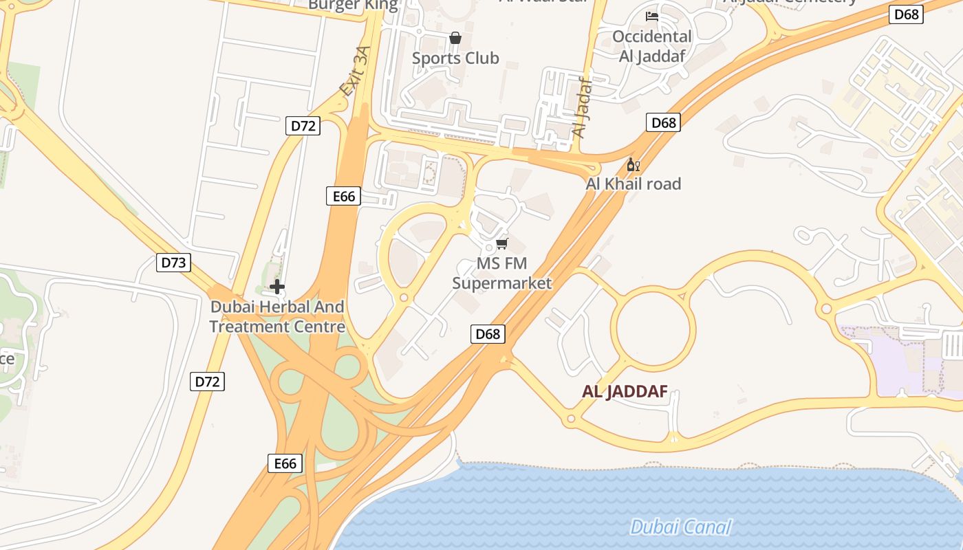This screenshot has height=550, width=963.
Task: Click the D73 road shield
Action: pyautogui.click(x=173, y=262)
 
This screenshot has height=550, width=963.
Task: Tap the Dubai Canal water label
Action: pyautogui.click(x=680, y=527)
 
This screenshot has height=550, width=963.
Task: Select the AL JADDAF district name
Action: pyautogui.click(x=625, y=392)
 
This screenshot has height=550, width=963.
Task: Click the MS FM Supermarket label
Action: pyautogui.click(x=502, y=274)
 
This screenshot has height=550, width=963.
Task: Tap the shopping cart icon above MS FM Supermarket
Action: pyautogui.click(x=502, y=244)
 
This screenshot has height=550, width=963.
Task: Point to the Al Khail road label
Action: pyautogui.click(x=633, y=184)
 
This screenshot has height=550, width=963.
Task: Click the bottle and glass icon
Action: pyautogui.click(x=633, y=165)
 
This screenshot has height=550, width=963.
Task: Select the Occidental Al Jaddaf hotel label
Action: pyautogui.click(x=651, y=46)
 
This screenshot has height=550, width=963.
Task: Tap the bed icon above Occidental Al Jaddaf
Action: pyautogui.click(x=651, y=16)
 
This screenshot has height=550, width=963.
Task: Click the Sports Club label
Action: pyautogui.click(x=455, y=58)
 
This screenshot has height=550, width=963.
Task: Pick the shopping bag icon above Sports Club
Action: pyautogui.click(x=455, y=38)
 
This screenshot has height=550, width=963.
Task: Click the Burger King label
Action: pyautogui.click(x=353, y=5)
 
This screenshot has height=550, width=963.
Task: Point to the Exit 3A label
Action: pyautogui.click(x=355, y=71)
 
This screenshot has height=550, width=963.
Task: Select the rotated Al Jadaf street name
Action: pyautogui.click(x=582, y=107)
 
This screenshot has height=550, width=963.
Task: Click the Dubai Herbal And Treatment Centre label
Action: pyautogui.click(x=277, y=316)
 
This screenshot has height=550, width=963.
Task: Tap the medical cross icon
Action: pyautogui.click(x=277, y=287)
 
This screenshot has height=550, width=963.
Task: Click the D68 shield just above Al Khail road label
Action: pyautogui.click(x=663, y=123)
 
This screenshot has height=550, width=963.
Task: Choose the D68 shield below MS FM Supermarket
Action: pyautogui.click(x=488, y=334)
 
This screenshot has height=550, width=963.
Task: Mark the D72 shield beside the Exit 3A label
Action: pyautogui.click(x=303, y=126)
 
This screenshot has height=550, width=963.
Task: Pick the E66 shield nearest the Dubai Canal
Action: pyautogui.click(x=285, y=463)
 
